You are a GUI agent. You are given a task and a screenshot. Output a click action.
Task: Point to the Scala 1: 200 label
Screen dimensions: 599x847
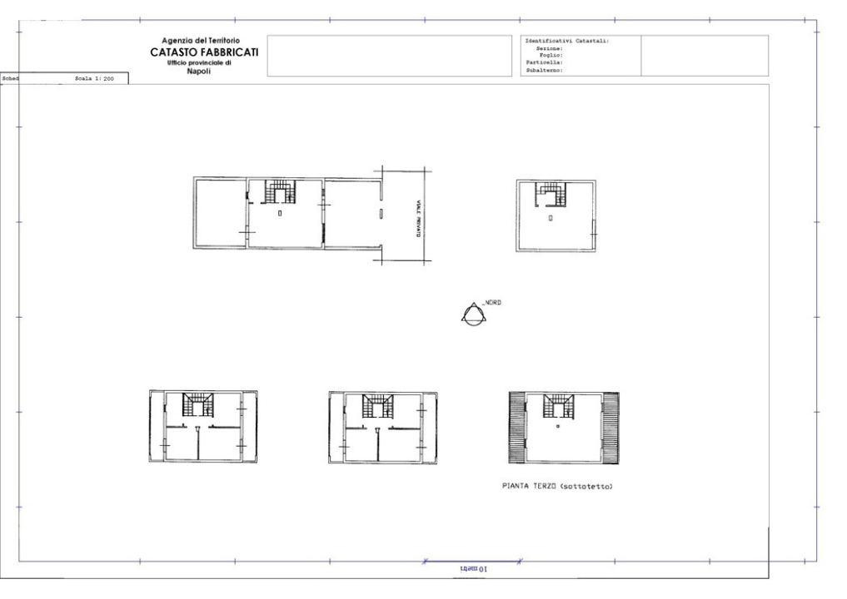click(94, 78)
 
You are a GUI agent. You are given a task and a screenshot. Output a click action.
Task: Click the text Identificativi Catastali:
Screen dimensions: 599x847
click(568, 41)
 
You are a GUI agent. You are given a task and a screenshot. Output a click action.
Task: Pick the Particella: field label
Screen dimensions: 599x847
click(545, 63)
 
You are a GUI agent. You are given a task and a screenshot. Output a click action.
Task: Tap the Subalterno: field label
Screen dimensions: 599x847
click(545, 71)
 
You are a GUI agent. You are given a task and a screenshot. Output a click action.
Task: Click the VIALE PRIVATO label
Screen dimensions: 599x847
click(418, 220)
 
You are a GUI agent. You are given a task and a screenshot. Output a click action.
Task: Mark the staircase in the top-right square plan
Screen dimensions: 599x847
click(551, 195)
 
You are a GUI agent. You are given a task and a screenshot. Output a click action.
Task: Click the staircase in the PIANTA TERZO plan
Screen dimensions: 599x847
click(556, 405)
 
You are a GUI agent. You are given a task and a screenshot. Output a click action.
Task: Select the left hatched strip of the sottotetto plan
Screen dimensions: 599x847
click(517, 428)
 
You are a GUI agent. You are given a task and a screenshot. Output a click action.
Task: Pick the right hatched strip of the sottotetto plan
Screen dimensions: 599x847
click(610, 428)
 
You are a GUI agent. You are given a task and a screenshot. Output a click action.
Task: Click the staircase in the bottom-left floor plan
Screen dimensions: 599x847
click(198, 405)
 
